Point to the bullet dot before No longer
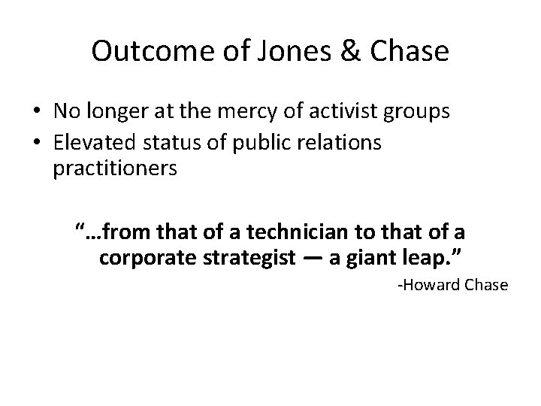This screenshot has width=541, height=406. (x=36, y=112)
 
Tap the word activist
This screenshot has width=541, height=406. (x=340, y=111)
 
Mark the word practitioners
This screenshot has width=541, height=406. (x=115, y=168)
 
